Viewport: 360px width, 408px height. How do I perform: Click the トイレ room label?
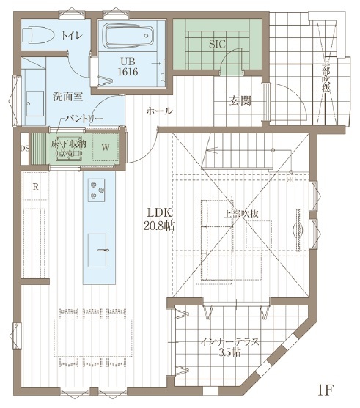(x=71, y=34)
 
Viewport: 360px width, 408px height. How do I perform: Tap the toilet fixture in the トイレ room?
(x=37, y=34)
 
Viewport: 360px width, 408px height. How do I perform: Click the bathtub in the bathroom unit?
(x=127, y=36)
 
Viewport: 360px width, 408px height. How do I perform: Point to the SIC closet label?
(x=216, y=45)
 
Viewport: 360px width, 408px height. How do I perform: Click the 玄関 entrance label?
(x=240, y=101)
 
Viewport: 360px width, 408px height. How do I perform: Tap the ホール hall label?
(x=159, y=111)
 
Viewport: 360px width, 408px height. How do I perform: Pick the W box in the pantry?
(x=106, y=147)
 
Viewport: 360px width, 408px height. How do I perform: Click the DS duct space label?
(x=25, y=147)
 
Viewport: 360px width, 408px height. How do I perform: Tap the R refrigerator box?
(x=34, y=187)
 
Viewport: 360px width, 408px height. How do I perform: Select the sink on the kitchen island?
(x=98, y=244)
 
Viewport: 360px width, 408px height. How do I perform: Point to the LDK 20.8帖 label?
(x=159, y=219)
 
